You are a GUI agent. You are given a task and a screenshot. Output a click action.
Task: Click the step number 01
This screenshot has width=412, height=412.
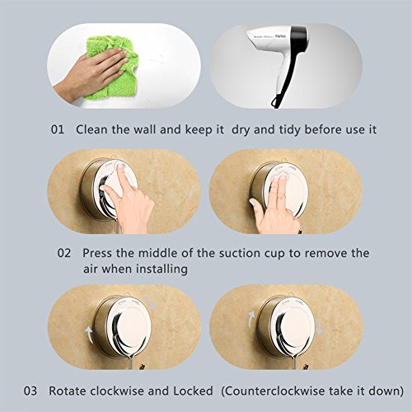(58, 129)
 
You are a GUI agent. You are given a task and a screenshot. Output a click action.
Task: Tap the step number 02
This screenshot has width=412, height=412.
(64, 253)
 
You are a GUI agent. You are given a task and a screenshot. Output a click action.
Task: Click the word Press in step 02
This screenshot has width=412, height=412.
(97, 253)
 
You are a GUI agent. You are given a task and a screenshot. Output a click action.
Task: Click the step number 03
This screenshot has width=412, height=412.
(30, 391)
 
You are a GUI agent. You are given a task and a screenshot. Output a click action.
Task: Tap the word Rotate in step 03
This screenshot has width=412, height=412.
(68, 391)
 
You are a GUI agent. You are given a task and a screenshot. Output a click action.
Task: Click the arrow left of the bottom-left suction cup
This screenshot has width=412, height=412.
(90, 334)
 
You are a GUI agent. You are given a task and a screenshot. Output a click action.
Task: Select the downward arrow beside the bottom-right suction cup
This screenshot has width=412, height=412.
(319, 326)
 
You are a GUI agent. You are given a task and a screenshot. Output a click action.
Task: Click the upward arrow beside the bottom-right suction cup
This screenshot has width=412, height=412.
(251, 320)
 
